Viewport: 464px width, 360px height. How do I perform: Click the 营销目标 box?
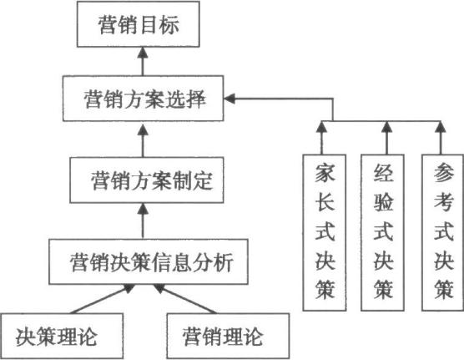coord(139,24)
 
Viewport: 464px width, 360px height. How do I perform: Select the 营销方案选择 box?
coord(143,99)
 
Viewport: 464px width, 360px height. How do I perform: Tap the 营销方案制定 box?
coord(147,180)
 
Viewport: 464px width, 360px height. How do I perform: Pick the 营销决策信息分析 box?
coord(149,262)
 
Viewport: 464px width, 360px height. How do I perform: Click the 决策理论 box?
coord(62,336)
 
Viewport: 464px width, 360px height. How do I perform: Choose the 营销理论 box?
coord(228,336)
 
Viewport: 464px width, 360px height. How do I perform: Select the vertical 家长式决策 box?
coord(325,232)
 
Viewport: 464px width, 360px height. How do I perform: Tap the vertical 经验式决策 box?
coord(382,232)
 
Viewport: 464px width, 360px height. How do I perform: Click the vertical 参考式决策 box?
coord(443,232)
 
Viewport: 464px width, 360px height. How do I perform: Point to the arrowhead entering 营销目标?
coord(143,53)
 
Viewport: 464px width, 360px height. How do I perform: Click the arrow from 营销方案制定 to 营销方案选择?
coord(143,140)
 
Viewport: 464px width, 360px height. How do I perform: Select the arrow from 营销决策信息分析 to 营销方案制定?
coord(143,221)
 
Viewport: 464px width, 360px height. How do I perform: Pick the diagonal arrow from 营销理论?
coord(184,299)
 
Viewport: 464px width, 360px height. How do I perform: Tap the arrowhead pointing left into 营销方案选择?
coord(229,99)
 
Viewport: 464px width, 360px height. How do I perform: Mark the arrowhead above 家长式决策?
coord(321,127)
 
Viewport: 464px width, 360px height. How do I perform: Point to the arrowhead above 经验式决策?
coord(386,127)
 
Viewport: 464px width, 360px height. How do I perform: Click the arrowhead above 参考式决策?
coord(441,127)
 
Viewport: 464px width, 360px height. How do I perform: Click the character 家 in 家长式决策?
coord(325,173)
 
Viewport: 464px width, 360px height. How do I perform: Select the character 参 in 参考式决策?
coord(443,173)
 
